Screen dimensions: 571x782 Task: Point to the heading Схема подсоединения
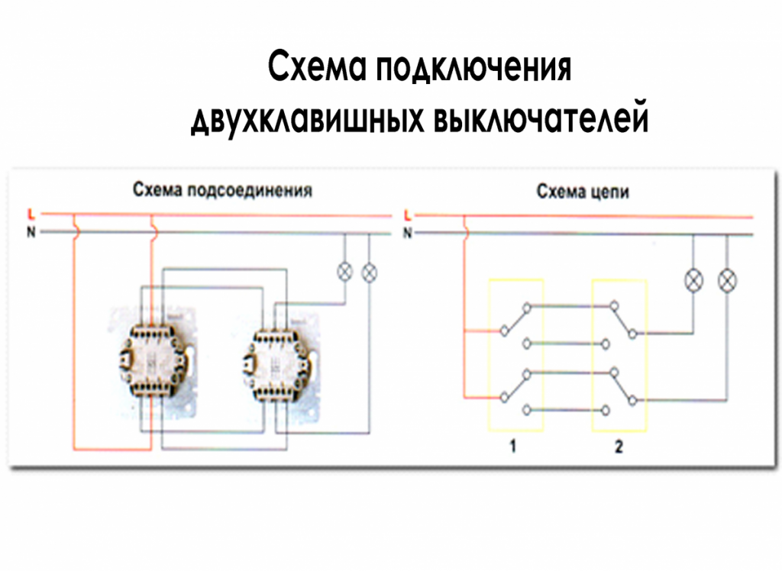pyautogui.click(x=222, y=190)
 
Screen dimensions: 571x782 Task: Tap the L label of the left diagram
pyautogui.click(x=31, y=213)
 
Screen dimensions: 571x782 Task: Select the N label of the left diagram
pyautogui.click(x=31, y=232)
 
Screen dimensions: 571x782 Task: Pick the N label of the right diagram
pyautogui.click(x=407, y=233)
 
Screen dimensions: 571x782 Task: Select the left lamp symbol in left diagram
pyautogui.click(x=344, y=271)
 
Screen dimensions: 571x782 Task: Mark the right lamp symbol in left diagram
pyautogui.click(x=370, y=271)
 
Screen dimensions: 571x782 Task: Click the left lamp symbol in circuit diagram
pyautogui.click(x=693, y=281)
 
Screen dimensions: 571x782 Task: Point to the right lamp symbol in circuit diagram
pyautogui.click(x=727, y=281)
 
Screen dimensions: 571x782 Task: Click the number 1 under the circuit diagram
pyautogui.click(x=513, y=448)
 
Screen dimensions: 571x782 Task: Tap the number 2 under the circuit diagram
pyautogui.click(x=619, y=448)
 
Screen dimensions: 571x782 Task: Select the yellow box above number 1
pyautogui.click(x=515, y=355)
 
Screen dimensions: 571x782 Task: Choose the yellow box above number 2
pyautogui.click(x=619, y=355)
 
